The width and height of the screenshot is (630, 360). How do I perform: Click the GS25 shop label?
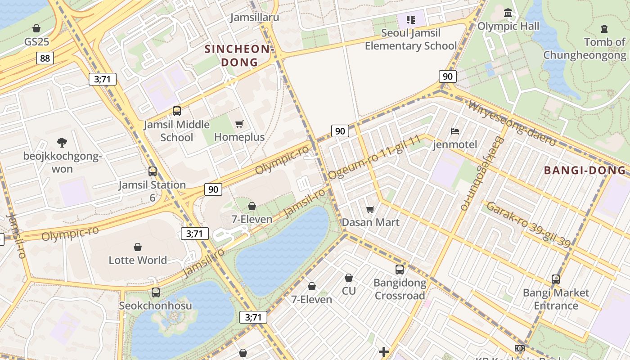tap(36, 42)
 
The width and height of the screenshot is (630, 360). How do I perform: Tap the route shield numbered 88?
tap(45, 58)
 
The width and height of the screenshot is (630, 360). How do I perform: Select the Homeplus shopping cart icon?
tap(239, 124)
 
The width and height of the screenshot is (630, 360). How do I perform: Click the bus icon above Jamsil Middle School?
tap(177, 111)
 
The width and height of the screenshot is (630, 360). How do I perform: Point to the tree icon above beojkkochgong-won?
tap(62, 143)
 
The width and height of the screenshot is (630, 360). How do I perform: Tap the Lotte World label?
tap(138, 260)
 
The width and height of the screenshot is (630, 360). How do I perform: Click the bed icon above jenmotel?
tap(455, 131)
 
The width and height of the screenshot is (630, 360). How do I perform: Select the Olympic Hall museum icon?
tap(508, 13)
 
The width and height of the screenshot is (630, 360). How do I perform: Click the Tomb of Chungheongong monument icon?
tap(604, 29)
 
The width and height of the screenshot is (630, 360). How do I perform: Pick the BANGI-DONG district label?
tap(585, 171)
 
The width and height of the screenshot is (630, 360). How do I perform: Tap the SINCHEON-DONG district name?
tap(238, 55)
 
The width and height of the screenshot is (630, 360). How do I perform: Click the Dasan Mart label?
tap(370, 222)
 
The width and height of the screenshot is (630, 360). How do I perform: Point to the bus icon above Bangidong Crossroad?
tap(399, 270)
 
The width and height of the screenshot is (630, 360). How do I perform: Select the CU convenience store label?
tap(349, 291)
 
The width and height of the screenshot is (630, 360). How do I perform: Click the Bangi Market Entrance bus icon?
tap(556, 279)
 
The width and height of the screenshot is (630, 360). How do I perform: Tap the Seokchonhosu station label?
tap(155, 306)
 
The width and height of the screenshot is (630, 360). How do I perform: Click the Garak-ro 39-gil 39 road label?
tap(528, 225)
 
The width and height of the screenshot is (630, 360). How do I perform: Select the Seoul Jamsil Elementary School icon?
tap(410, 19)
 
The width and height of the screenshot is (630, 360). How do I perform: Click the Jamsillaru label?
tap(255, 18)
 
